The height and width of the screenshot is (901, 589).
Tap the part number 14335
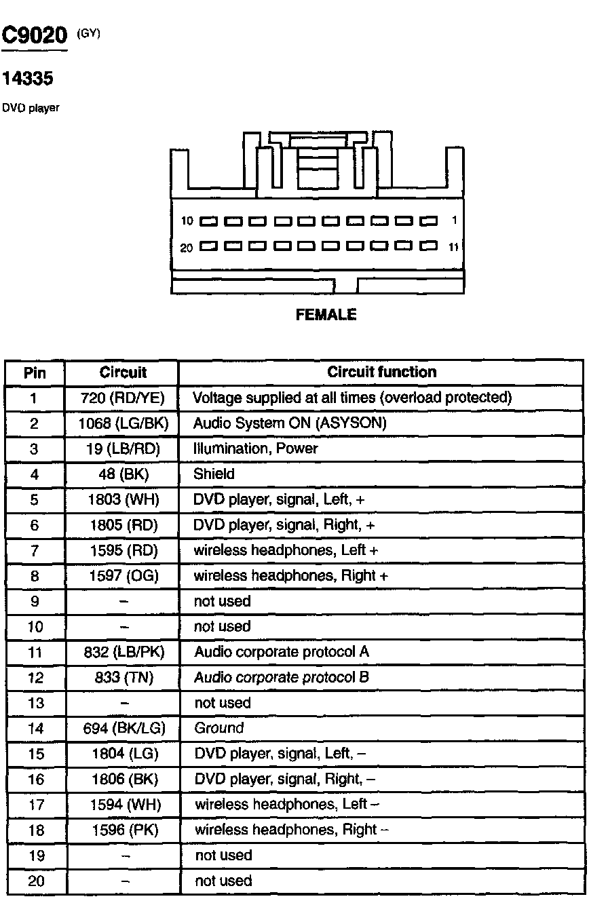pyautogui.click(x=28, y=80)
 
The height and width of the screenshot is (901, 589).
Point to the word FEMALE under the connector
pyautogui.click(x=326, y=315)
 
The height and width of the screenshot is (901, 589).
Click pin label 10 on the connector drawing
pyautogui.click(x=187, y=221)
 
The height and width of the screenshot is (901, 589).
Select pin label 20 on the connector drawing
pyautogui.click(x=186, y=248)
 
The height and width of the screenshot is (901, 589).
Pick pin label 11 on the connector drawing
pyautogui.click(x=453, y=247)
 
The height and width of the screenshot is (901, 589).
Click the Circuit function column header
pyautogui.click(x=381, y=372)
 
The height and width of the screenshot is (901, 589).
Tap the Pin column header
pyautogui.click(x=35, y=372)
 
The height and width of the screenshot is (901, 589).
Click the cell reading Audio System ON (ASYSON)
pyautogui.click(x=290, y=423)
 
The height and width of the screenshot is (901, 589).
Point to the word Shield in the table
pyautogui.click(x=214, y=474)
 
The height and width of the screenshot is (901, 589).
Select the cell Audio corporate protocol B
pyautogui.click(x=282, y=677)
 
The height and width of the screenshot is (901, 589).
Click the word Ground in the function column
pyautogui.click(x=218, y=728)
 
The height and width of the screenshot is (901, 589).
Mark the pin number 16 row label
pyautogui.click(x=35, y=780)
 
